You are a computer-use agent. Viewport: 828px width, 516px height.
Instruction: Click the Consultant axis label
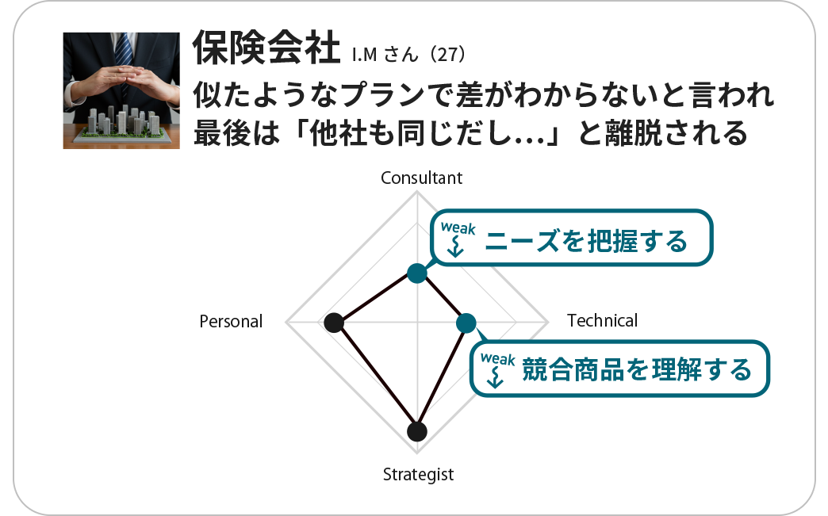point(421,178)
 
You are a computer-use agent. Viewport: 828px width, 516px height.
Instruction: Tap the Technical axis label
point(602,320)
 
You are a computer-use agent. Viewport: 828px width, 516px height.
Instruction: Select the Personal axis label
point(231,321)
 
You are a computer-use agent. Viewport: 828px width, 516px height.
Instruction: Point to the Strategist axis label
point(418,475)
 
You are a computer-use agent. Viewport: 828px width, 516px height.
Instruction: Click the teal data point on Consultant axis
point(417,273)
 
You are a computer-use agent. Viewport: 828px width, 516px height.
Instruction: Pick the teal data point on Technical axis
point(466,323)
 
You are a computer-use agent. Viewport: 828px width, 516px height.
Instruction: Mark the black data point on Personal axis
point(334,323)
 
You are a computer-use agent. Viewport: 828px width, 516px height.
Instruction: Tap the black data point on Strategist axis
point(417,431)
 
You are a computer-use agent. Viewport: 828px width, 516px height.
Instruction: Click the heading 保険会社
point(266,48)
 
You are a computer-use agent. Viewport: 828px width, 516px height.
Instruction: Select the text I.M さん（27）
point(409,54)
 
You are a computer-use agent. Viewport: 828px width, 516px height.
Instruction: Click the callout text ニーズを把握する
point(586,241)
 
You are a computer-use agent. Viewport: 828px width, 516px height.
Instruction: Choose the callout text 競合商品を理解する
point(637,369)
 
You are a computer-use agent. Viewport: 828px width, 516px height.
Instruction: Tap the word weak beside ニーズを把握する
point(458,228)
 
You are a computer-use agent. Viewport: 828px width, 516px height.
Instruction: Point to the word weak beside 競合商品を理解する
point(497,359)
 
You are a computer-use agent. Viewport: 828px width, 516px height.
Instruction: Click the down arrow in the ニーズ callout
point(455,247)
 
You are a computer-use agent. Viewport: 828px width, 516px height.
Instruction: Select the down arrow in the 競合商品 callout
point(495,377)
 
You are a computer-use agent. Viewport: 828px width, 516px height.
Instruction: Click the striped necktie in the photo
point(124,51)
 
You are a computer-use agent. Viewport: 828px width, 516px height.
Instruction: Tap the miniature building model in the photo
point(122,124)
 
